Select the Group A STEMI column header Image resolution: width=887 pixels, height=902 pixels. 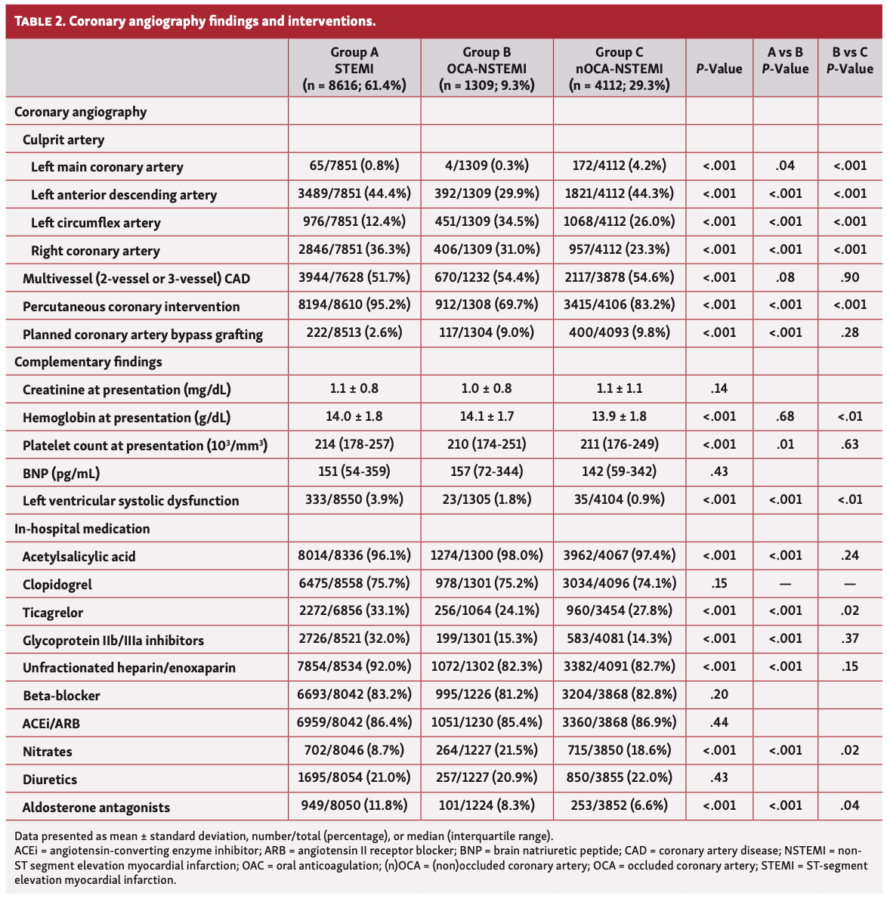pos(354,68)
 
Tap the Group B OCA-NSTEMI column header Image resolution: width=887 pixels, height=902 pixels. pos(487,68)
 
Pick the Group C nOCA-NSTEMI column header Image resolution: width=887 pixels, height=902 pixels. pos(619,68)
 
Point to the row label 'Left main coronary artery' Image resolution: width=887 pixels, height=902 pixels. pos(107,167)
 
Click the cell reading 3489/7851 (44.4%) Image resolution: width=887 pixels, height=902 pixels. pos(354,193)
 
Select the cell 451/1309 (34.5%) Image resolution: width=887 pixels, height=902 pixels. pos(487,221)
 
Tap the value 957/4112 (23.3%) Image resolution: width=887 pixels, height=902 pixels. pos(619,249)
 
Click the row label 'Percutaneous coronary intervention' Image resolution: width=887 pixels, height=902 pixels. pos(131,306)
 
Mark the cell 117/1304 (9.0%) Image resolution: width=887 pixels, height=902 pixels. pos(487,332)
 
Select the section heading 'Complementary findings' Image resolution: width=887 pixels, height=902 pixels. pos(88,362)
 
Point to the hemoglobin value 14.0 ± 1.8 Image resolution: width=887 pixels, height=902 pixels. pos(354,416)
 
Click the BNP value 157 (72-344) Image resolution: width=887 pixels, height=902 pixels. pos(487,472)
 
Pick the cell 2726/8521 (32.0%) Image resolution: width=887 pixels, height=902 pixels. pos(354,639)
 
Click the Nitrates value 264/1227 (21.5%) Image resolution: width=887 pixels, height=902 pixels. pos(487,750)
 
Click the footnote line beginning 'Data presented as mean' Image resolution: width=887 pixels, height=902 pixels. pos(283,836)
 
